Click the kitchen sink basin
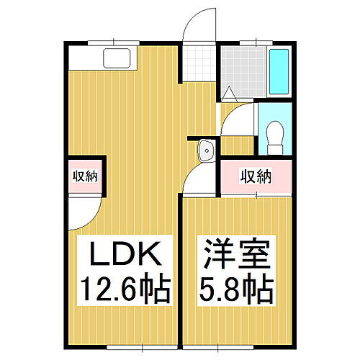click(x=115, y=56)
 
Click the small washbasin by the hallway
click(x=205, y=152)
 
